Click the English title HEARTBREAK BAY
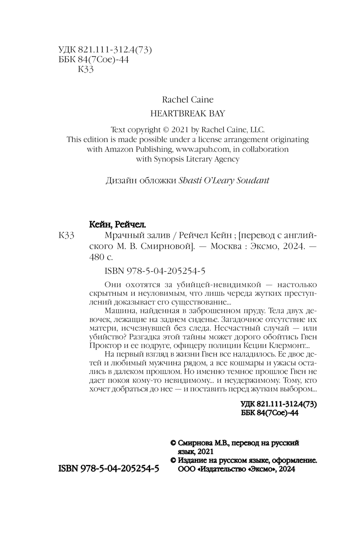coord(187,113)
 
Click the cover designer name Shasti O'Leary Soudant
coord(224,181)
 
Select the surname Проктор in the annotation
coord(103,345)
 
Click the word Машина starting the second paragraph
coord(114,310)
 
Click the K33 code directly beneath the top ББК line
coord(86,70)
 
